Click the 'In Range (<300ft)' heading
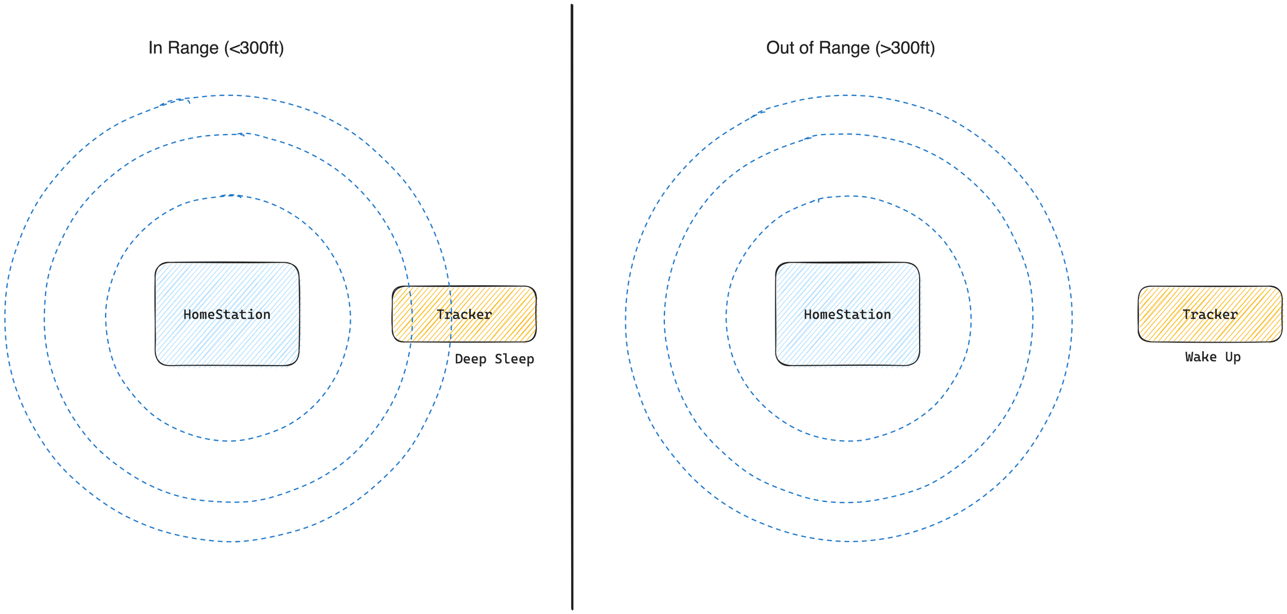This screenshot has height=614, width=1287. click(x=216, y=48)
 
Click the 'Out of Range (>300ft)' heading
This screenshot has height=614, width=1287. click(x=850, y=48)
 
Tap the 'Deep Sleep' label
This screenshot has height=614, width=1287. click(x=494, y=359)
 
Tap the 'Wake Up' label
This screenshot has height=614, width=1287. click(x=1212, y=357)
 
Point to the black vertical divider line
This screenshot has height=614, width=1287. click(x=572, y=307)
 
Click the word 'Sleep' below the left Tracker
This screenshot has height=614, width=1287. click(x=514, y=359)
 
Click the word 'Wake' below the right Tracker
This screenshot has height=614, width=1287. click(x=1201, y=357)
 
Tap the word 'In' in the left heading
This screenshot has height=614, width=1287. click(x=155, y=48)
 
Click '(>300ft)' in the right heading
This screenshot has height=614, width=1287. click(x=905, y=48)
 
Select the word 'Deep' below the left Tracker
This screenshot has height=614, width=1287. click(x=471, y=359)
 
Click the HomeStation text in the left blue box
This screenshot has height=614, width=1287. click(x=227, y=315)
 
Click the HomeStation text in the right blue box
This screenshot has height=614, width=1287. click(x=847, y=315)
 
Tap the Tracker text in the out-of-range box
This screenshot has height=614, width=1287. click(x=1210, y=315)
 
